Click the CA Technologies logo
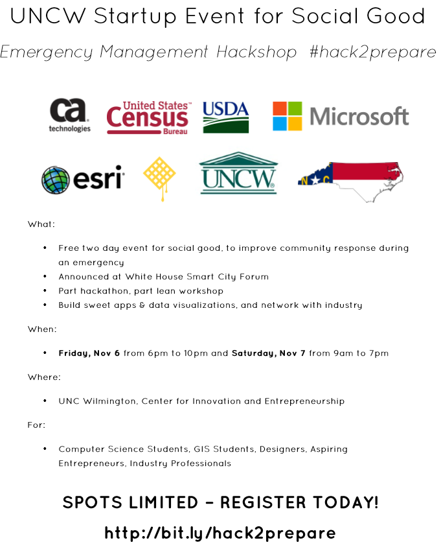click(x=70, y=115)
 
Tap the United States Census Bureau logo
click(x=148, y=117)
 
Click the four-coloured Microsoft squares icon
click(x=287, y=117)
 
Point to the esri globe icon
click(x=55, y=180)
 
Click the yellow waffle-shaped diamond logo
click(x=159, y=176)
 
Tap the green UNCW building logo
click(x=238, y=173)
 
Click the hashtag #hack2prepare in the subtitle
click(x=372, y=52)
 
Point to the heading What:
click(x=41, y=224)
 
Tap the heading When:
click(x=42, y=329)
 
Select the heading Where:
click(x=43, y=377)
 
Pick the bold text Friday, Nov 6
click(x=89, y=353)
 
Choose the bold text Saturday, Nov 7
click(x=269, y=353)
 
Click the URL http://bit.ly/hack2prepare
click(x=220, y=533)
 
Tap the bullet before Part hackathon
click(x=45, y=291)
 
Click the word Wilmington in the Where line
click(x=109, y=401)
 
